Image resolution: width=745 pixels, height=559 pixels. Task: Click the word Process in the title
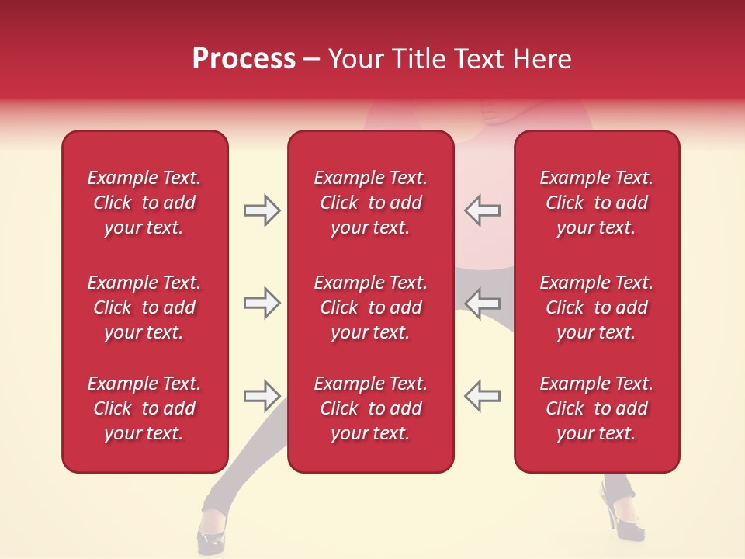pyautogui.click(x=244, y=59)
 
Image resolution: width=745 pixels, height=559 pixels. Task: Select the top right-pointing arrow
pyautogui.click(x=262, y=210)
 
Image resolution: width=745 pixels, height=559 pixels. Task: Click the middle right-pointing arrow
pyautogui.click(x=262, y=303)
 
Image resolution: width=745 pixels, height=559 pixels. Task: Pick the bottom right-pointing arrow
pyautogui.click(x=262, y=395)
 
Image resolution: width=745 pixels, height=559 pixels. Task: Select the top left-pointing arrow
pyautogui.click(x=482, y=210)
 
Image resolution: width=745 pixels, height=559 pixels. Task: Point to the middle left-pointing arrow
pyautogui.click(x=482, y=303)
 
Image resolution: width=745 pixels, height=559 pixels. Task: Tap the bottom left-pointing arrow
pyautogui.click(x=482, y=395)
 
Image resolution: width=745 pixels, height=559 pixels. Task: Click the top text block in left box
pyautogui.click(x=144, y=203)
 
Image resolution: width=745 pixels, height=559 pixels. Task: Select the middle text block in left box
pyautogui.click(x=144, y=307)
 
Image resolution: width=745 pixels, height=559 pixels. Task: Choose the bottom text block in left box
pyautogui.click(x=144, y=408)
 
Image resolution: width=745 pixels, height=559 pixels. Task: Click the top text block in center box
pyautogui.click(x=370, y=203)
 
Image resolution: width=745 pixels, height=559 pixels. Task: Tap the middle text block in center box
pyautogui.click(x=370, y=307)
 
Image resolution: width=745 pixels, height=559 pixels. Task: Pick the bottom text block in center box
pyautogui.click(x=370, y=408)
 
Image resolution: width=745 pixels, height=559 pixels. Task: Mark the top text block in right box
pyautogui.click(x=596, y=203)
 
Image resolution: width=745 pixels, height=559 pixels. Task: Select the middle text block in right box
pyautogui.click(x=596, y=307)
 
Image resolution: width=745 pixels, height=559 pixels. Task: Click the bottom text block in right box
pyautogui.click(x=596, y=408)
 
